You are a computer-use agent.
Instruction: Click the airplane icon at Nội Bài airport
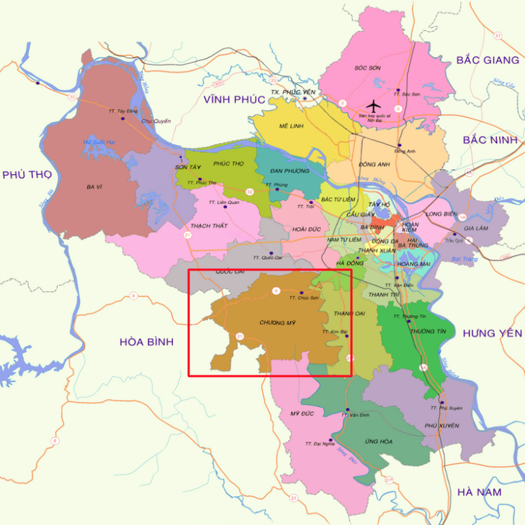pyautogui.click(x=373, y=106)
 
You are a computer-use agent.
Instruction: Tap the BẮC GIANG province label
pyautogui.click(x=488, y=60)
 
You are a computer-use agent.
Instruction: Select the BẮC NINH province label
pyautogui.click(x=490, y=140)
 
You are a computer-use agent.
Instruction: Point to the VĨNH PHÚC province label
pyautogui.click(x=235, y=99)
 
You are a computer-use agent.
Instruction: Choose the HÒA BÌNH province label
pyautogui.click(x=147, y=342)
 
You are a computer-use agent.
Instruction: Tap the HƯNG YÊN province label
pyautogui.click(x=491, y=332)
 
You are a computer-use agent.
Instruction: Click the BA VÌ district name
pyautogui.click(x=94, y=187)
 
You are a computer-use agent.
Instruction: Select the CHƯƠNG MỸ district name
pyautogui.click(x=278, y=323)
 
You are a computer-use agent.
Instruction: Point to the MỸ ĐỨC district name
pyautogui.click(x=303, y=414)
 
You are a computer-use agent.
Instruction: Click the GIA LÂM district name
pyautogui.click(x=475, y=228)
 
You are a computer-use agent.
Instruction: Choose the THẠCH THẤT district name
pyautogui.click(x=210, y=226)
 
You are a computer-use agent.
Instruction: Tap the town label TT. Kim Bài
pyautogui.click(x=335, y=332)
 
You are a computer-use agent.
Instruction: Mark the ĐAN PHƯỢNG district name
pyautogui.click(x=290, y=170)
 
